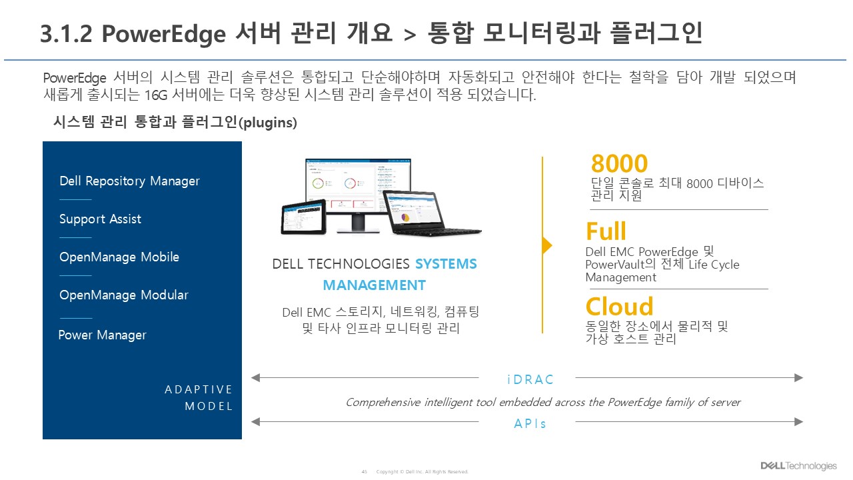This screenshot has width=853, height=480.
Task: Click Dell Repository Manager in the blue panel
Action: (129, 181)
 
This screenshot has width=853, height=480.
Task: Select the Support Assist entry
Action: (100, 219)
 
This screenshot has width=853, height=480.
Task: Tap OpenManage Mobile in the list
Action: (119, 257)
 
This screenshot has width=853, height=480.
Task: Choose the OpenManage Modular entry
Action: (124, 295)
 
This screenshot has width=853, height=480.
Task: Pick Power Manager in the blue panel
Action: (102, 335)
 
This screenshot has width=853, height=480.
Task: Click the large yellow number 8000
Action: (619, 164)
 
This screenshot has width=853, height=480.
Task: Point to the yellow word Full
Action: (606, 232)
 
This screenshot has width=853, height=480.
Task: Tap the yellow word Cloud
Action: (619, 307)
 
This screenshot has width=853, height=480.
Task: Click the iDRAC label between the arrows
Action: (526, 379)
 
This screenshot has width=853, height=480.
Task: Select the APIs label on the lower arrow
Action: (530, 423)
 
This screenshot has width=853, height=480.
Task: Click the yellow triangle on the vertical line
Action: (547, 245)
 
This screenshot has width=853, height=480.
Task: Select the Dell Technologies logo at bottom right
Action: (798, 466)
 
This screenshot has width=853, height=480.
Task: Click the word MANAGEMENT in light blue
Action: (374, 285)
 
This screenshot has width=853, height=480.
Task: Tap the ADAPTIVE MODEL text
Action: (199, 397)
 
